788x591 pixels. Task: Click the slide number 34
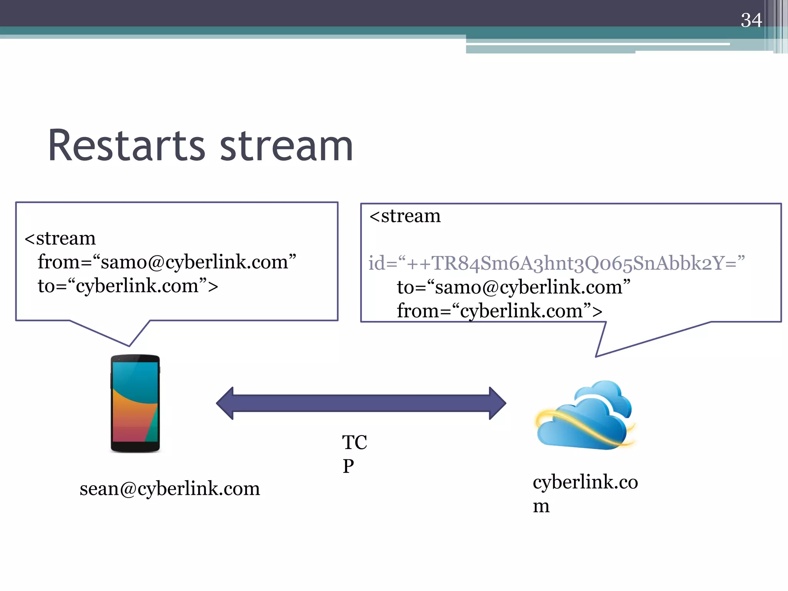pyautogui.click(x=751, y=20)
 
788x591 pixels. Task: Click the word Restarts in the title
pyautogui.click(x=127, y=146)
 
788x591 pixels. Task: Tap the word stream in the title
pyautogui.click(x=286, y=146)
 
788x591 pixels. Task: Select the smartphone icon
pyautogui.click(x=135, y=403)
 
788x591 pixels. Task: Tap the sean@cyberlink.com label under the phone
pyautogui.click(x=170, y=489)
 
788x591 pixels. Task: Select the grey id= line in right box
pyautogui.click(x=556, y=263)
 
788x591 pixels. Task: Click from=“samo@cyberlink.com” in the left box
pyautogui.click(x=167, y=262)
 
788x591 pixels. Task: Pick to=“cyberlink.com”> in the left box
pyautogui.click(x=128, y=286)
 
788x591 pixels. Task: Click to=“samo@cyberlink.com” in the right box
pyautogui.click(x=513, y=287)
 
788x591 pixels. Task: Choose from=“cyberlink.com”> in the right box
pyautogui.click(x=499, y=311)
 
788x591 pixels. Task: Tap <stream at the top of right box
pyautogui.click(x=405, y=216)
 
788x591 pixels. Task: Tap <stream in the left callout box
pyautogui.click(x=60, y=238)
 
